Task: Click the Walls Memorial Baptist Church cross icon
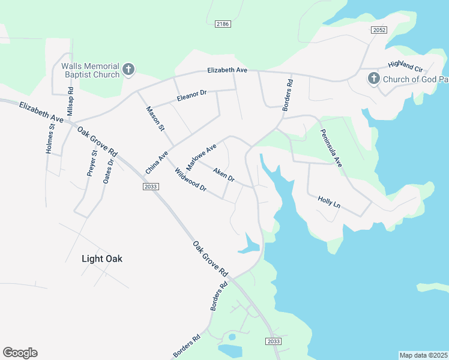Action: coord(128,70)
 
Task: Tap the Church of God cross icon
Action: coord(373,79)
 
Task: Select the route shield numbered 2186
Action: coord(223,23)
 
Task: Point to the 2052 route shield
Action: coord(379,30)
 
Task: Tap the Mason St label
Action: coord(155,118)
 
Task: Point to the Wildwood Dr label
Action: coord(190,181)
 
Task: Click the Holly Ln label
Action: coord(329,202)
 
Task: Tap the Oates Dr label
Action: coord(109,171)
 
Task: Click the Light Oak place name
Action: coord(101,259)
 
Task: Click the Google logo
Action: coord(20,353)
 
